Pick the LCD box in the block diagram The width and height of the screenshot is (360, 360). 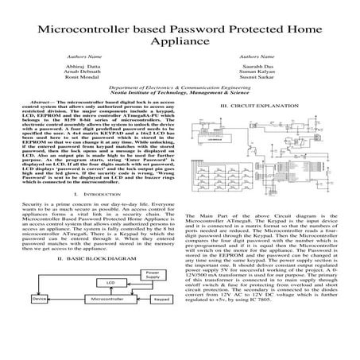[x=89, y=305]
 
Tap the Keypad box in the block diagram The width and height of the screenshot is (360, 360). [x=161, y=321]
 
